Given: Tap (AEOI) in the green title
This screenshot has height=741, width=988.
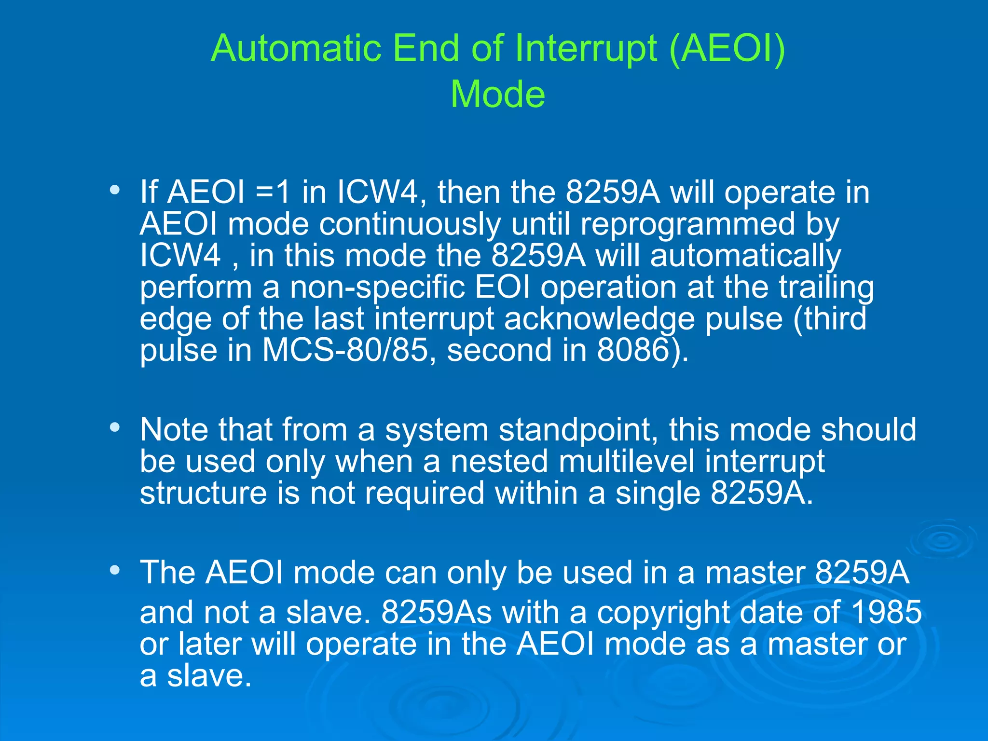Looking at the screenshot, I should coord(727,49).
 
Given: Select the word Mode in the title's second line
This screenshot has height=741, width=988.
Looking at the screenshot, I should coord(497,95).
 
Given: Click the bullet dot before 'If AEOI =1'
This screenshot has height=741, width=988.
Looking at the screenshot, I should coord(114,190).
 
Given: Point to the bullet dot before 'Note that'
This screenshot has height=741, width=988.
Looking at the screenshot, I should coord(114,427).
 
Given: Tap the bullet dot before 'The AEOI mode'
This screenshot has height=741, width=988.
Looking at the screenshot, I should coord(114,570).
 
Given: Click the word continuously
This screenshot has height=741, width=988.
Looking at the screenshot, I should coord(410,225).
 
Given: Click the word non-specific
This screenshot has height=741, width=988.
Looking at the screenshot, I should coord(377,288).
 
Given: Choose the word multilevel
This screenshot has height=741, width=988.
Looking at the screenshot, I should coord(626,462).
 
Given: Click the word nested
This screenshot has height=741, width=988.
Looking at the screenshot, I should coord(499,462).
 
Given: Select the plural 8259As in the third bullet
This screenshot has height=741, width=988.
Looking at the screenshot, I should coord(436,613).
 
